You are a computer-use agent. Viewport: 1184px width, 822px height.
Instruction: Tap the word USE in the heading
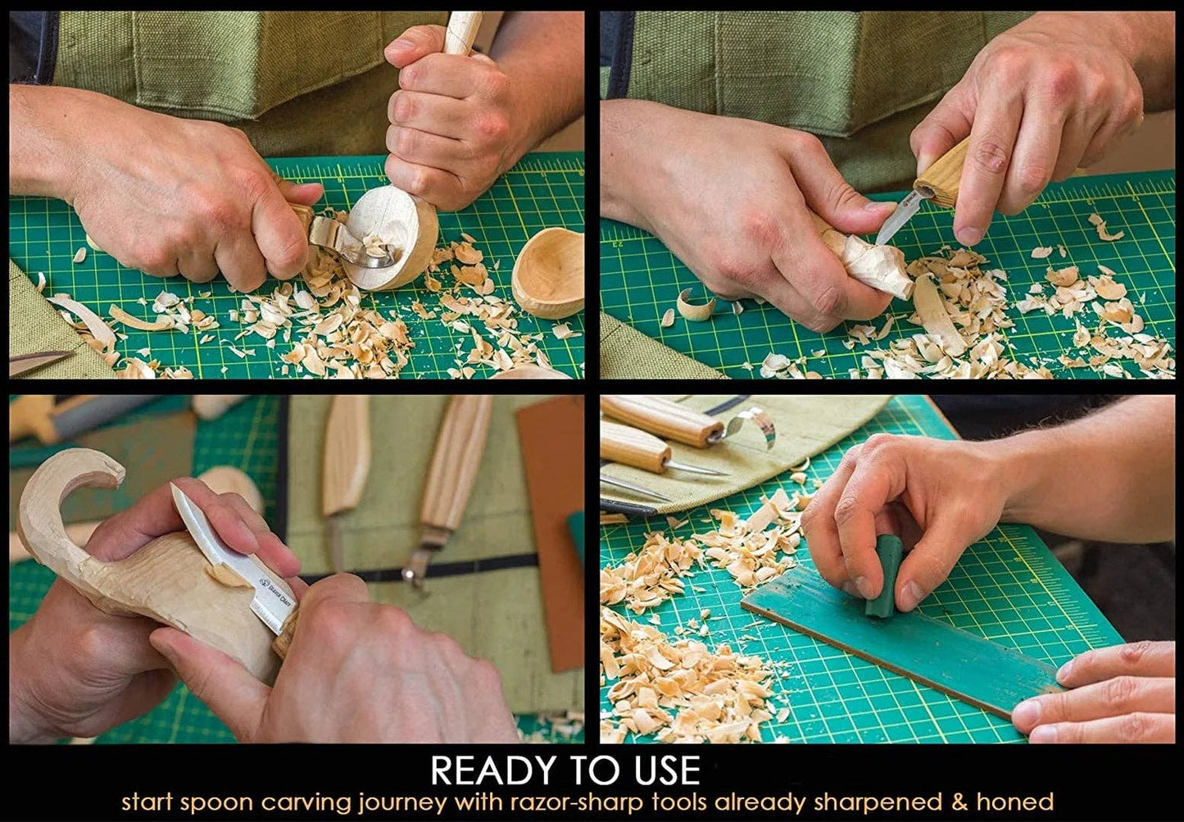tap(661, 771)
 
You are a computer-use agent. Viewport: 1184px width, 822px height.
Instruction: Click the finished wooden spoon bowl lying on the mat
tap(549, 274)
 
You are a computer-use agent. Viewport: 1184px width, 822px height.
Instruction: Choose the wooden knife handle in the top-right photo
tap(942, 175)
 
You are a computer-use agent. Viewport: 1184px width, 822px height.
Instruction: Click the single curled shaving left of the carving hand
tap(696, 306)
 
